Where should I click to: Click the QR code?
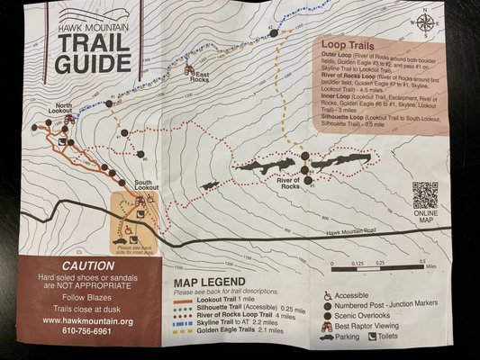click(x=425, y=195)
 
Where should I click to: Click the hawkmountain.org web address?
click(x=86, y=319)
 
